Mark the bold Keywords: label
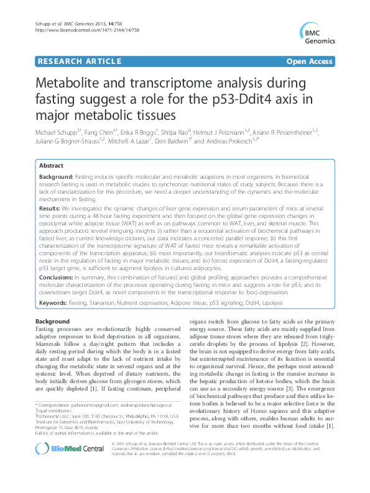pyautogui.click(x=53, y=302)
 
